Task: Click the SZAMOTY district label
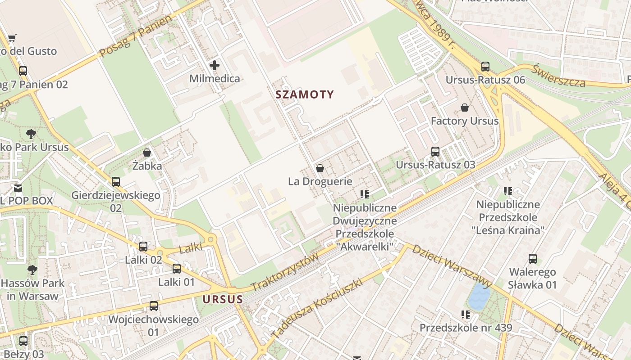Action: (x=305, y=94)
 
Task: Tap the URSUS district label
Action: (x=223, y=299)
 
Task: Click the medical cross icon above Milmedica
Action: (x=215, y=65)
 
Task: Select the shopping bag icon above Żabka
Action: (x=146, y=153)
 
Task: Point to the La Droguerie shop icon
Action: (x=320, y=168)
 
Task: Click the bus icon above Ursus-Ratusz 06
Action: (x=485, y=67)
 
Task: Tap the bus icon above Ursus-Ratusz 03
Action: (x=435, y=152)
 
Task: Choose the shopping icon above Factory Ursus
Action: (x=465, y=108)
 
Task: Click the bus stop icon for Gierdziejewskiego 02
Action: (x=116, y=182)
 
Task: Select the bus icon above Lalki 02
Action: (x=143, y=247)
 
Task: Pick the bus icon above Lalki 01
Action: (x=177, y=269)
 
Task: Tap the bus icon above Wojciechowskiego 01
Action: (x=154, y=306)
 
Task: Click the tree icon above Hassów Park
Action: (x=32, y=270)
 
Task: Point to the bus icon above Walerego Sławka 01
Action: (x=533, y=259)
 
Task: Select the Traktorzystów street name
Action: (x=285, y=272)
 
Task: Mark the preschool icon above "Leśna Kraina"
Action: (x=508, y=191)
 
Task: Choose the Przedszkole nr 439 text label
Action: (x=466, y=328)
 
